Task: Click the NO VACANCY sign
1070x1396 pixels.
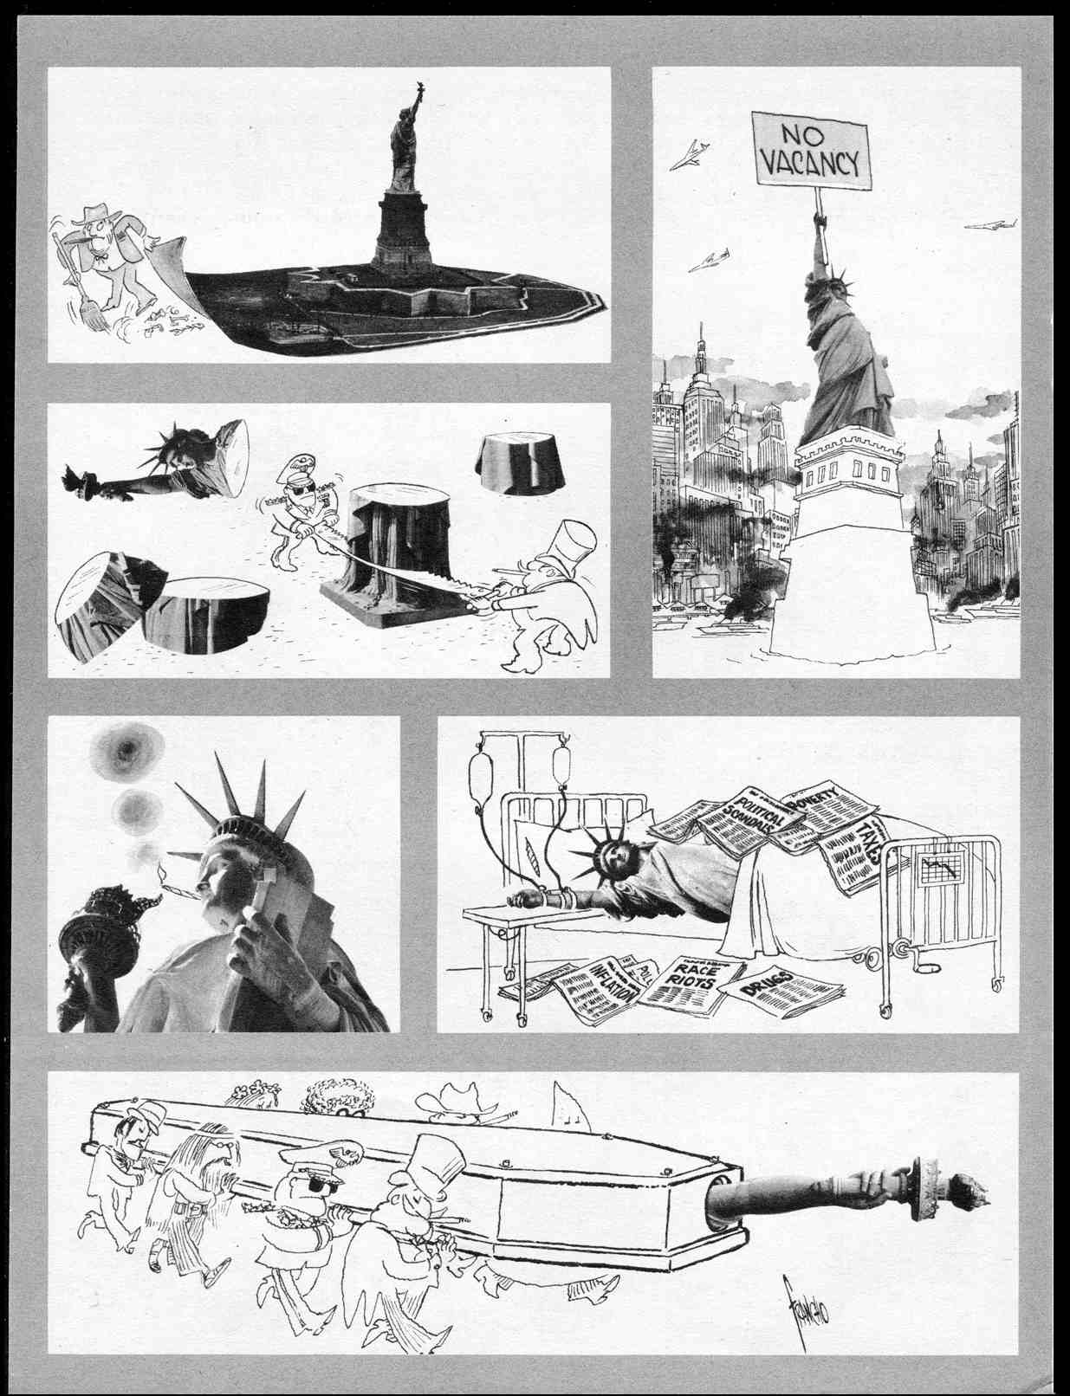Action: click(809, 149)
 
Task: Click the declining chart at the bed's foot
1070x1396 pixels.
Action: click(940, 867)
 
